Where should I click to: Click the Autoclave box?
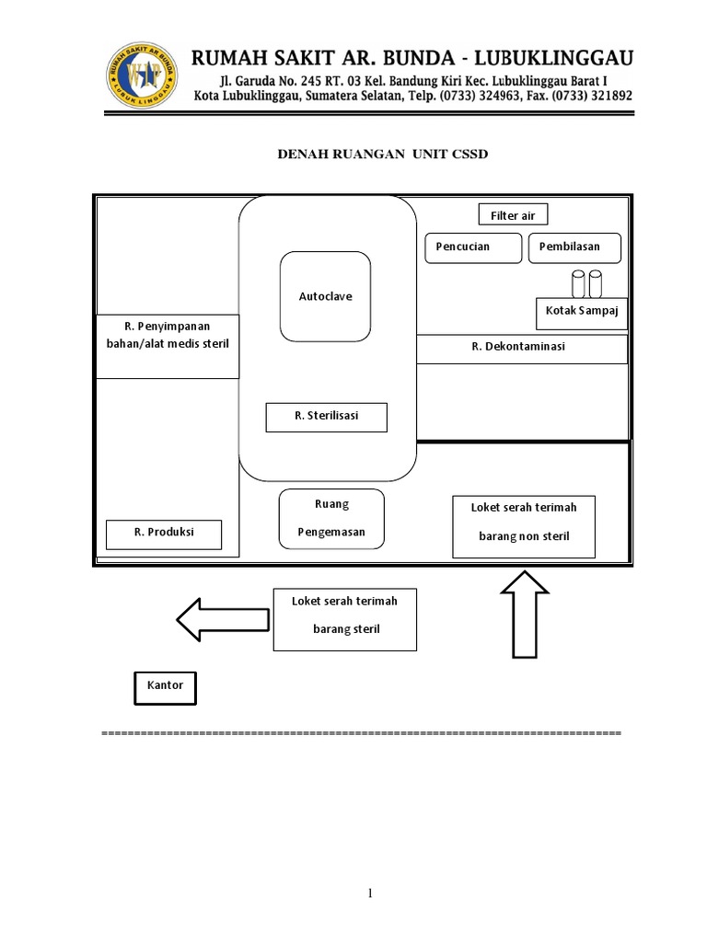(x=325, y=296)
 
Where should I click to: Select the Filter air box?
(x=513, y=215)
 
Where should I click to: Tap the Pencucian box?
(x=471, y=247)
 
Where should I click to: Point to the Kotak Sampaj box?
(x=581, y=311)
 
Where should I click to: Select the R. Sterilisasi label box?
(x=326, y=417)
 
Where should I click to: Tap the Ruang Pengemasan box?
(x=331, y=519)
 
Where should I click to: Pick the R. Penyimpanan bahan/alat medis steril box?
(x=168, y=346)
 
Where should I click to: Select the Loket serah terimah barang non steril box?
(x=523, y=526)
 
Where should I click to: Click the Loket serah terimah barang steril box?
(x=344, y=619)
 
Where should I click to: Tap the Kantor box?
(x=166, y=686)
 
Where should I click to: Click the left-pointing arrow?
(x=221, y=619)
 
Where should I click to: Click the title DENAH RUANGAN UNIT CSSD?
(x=383, y=155)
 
